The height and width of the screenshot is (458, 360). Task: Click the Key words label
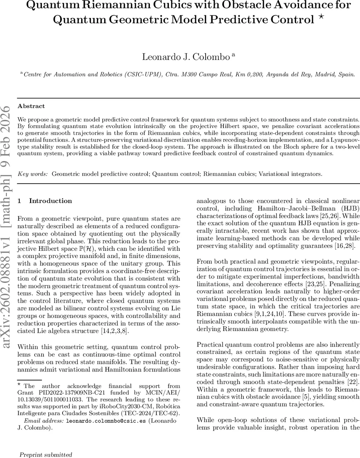pyautogui.click(x=33, y=174)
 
